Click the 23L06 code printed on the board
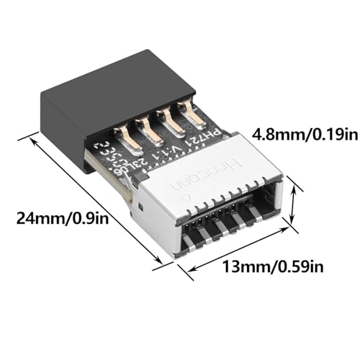coord(148,163)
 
